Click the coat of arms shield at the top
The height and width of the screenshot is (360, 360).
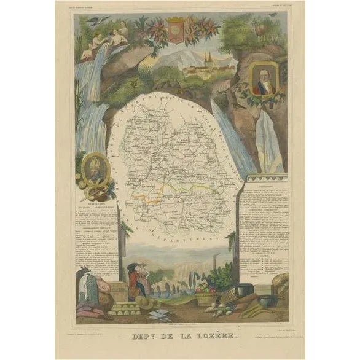point(175,31)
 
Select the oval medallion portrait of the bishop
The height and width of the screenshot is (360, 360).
point(93,170)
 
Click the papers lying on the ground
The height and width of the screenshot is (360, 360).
point(158,314)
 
